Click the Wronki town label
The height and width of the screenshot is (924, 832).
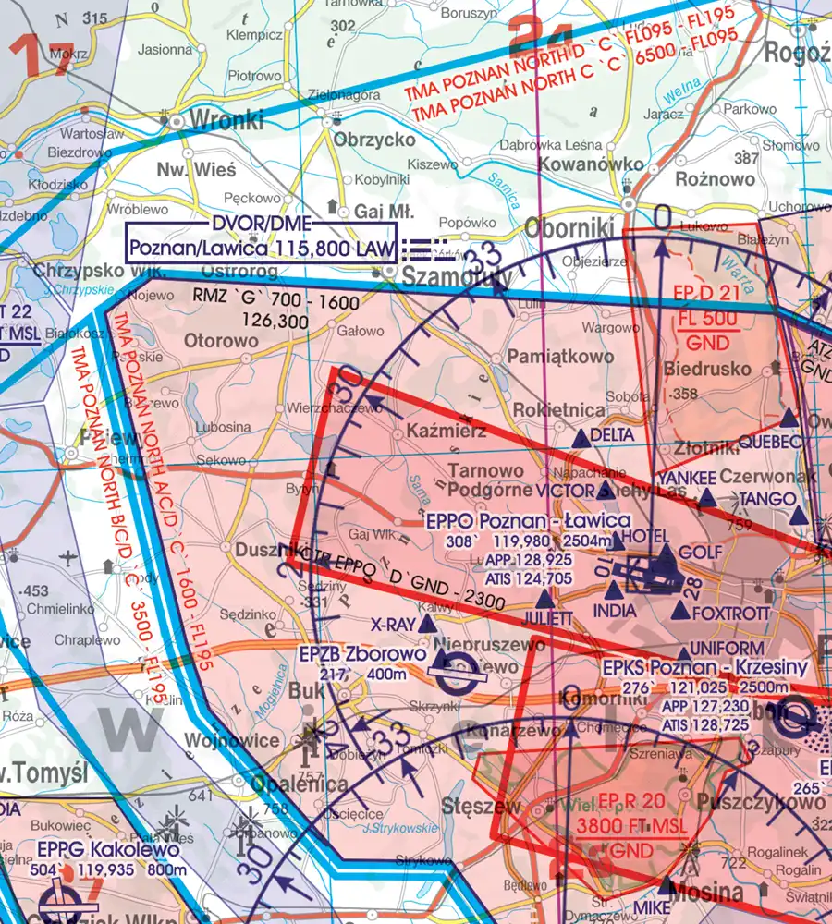pyautogui.click(x=226, y=120)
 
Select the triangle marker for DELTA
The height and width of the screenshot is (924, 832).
pyautogui.click(x=580, y=436)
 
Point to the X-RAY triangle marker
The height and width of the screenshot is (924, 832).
pyautogui.click(x=427, y=625)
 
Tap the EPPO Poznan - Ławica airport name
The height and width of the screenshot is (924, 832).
pyautogui.click(x=529, y=521)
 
